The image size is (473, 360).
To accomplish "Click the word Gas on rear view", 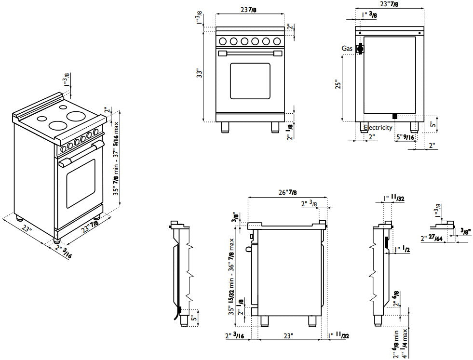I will pos(347,49).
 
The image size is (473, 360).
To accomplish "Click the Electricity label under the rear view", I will pos(378,128).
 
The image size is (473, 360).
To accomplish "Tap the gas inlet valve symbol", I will pos(359,49).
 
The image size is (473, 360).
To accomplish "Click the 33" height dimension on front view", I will pos(199,73).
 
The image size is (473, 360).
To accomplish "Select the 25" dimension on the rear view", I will pos(338,84).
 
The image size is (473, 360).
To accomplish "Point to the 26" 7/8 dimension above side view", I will pos(287,193).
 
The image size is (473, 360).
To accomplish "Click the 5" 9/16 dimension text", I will pos(405,137).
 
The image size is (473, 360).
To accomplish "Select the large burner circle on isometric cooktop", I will pos(76,116).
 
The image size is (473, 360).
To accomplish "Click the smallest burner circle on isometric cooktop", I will pos(42,119).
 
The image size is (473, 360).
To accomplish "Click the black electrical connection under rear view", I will pos(394,116).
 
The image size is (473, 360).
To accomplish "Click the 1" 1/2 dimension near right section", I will pos(402,250).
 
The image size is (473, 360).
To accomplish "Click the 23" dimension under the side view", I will pos(288,335).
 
